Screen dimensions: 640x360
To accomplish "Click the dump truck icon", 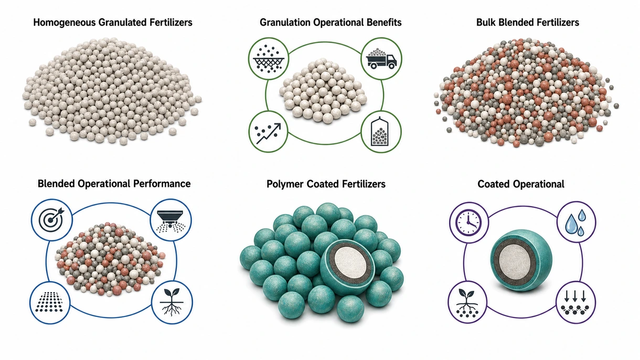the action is tap(381, 58).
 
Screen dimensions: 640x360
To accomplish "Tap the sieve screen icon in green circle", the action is tap(268, 58).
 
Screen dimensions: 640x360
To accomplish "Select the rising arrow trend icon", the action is tap(268, 133).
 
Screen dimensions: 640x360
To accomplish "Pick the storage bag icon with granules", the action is tap(381, 132).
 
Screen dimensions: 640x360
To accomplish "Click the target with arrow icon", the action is tap(51, 219).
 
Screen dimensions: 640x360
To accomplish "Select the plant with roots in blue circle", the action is tap(172, 302).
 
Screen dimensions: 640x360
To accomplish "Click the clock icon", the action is tap(468, 223).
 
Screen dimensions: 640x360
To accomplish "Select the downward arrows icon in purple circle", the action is tap(575, 303).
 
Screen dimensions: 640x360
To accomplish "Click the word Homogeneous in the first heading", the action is tap(65, 23).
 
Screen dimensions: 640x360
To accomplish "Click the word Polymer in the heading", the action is tap(285, 184).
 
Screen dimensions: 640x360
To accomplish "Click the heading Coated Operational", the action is tap(520, 184).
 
